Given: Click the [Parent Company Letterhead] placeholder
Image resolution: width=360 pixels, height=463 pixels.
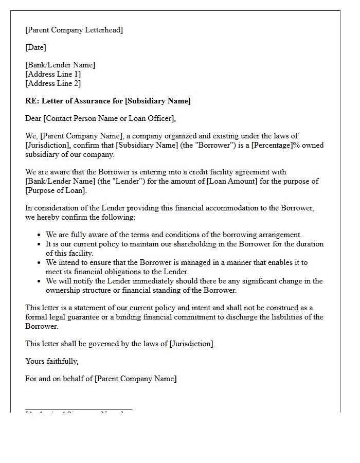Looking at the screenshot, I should (x=74, y=30).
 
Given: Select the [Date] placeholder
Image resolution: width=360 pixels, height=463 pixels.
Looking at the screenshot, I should (x=35, y=47).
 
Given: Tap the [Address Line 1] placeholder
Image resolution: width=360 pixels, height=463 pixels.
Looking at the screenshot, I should (x=53, y=74).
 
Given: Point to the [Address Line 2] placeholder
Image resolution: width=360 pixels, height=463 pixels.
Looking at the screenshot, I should (x=53, y=83).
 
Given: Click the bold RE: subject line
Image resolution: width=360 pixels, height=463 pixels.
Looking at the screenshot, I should (x=107, y=101).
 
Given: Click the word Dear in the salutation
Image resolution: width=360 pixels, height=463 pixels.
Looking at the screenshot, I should (x=33, y=118).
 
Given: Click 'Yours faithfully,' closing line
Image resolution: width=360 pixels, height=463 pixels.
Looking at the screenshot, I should (x=52, y=361).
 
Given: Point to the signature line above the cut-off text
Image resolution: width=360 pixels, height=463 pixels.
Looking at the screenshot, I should (x=79, y=409).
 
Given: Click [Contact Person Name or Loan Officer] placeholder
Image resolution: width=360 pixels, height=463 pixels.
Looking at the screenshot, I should (x=109, y=118).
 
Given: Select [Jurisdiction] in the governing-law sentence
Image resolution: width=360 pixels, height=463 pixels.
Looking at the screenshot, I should (x=191, y=344).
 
